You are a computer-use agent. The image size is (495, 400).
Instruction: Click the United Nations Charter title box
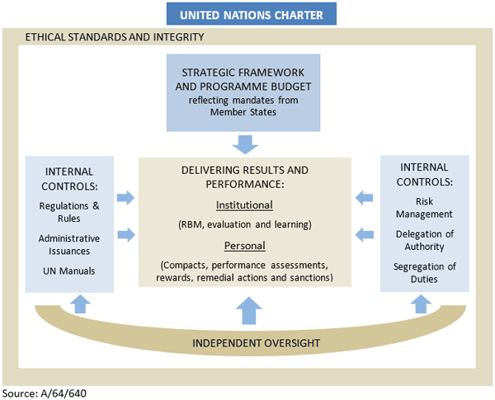click(x=246, y=14)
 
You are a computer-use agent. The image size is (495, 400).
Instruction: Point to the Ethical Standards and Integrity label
click(x=115, y=37)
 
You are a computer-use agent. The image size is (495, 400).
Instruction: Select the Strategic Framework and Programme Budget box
click(x=243, y=92)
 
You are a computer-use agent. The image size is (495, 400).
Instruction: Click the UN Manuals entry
click(x=69, y=271)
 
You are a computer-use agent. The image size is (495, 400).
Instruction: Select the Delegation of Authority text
click(x=425, y=240)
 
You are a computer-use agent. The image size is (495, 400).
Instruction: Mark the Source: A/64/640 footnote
click(x=45, y=393)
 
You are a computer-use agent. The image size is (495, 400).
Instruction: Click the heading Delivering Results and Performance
click(x=244, y=176)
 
